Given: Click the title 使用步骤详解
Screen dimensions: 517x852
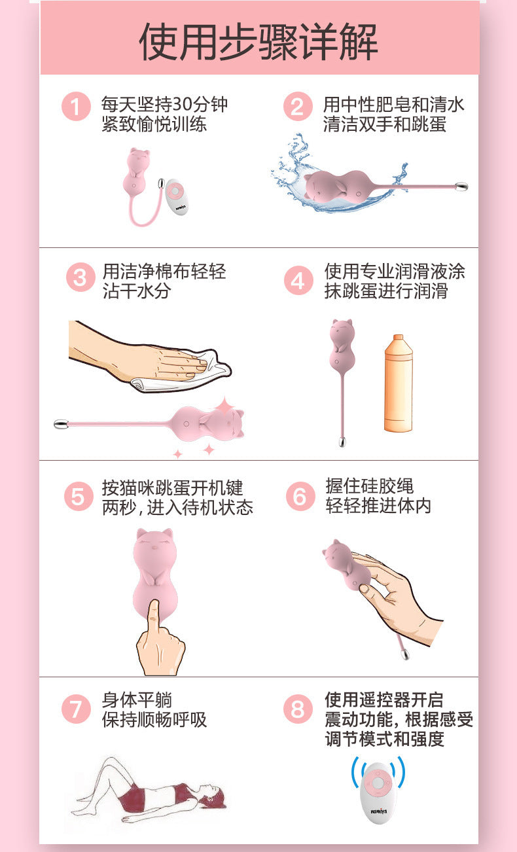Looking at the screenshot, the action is [258, 42].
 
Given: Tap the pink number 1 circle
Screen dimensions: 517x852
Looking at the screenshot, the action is [76, 107].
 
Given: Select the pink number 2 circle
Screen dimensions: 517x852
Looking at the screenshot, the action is [298, 107].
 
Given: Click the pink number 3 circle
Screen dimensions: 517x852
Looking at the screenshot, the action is [80, 277].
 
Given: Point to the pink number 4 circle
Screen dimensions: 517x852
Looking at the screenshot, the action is [298, 280].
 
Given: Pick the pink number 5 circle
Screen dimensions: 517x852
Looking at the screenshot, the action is [79, 497].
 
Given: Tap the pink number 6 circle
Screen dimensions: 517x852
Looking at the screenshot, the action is [300, 497].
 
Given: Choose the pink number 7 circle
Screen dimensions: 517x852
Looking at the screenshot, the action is [76, 709].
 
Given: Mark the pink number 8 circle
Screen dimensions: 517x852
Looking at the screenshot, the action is [298, 709].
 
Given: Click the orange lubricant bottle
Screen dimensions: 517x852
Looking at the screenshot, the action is [399, 383].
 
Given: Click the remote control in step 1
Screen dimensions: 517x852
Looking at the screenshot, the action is [176, 198].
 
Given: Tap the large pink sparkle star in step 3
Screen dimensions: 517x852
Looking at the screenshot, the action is [224, 406].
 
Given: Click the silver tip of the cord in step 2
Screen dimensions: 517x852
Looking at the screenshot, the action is [461, 186].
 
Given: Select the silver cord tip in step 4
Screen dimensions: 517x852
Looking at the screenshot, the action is [342, 442].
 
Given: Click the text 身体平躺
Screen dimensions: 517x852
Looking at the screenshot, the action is [137, 700].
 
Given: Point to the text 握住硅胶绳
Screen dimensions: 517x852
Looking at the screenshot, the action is [369, 486].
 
